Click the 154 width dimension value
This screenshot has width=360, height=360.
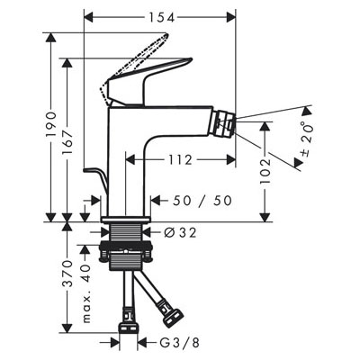pyautogui.click(x=162, y=18)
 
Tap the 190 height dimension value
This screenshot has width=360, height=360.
pyautogui.click(x=51, y=124)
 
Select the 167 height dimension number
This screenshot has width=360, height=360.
pyautogui.click(x=67, y=138)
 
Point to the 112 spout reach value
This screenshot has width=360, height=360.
pyautogui.click(x=180, y=159)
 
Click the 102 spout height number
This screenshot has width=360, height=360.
pyautogui.click(x=265, y=171)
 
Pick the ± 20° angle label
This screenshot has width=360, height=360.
pyautogui.click(x=307, y=139)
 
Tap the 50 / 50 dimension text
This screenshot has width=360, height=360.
pyautogui.click(x=202, y=201)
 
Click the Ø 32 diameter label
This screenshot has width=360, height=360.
pyautogui.click(x=180, y=232)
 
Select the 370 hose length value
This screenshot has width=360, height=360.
pyautogui.click(x=68, y=274)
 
